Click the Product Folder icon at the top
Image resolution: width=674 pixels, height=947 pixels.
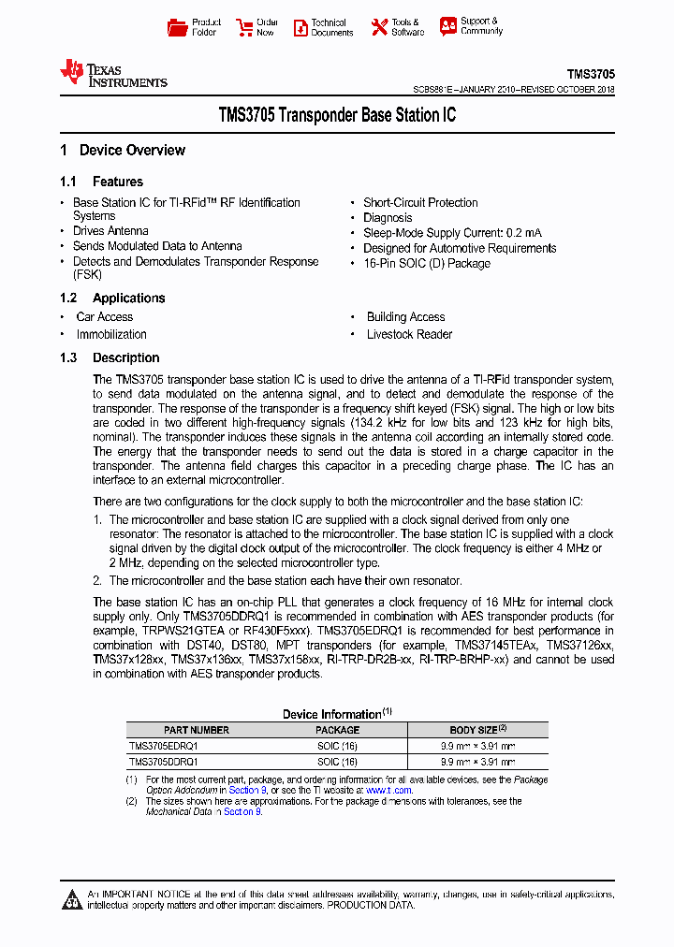(177, 27)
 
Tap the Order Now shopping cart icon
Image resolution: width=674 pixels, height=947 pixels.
(244, 27)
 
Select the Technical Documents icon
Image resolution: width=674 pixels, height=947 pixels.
(300, 27)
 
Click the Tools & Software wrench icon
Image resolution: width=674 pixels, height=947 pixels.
(379, 27)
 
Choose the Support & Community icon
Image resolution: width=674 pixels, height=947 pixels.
(448, 26)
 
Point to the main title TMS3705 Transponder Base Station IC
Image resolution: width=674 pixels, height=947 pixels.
(337, 116)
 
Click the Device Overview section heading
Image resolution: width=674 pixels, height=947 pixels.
(131, 151)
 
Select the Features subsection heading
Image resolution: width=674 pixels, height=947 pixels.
(117, 182)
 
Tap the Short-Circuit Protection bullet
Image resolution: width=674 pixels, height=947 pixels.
(420, 203)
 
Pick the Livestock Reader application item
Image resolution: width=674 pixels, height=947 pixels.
(409, 335)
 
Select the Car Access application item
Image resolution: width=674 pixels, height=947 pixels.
(105, 317)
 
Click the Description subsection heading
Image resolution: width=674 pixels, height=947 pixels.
(125, 358)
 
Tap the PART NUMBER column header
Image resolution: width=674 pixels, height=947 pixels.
(197, 730)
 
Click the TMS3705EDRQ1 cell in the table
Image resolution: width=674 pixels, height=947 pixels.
(164, 747)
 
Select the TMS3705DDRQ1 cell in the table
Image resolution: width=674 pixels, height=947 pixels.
(164, 762)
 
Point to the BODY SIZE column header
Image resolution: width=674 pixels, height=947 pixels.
(477, 730)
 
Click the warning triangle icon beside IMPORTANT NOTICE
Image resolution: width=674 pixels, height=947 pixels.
(72, 900)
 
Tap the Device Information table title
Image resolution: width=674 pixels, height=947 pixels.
(332, 714)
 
